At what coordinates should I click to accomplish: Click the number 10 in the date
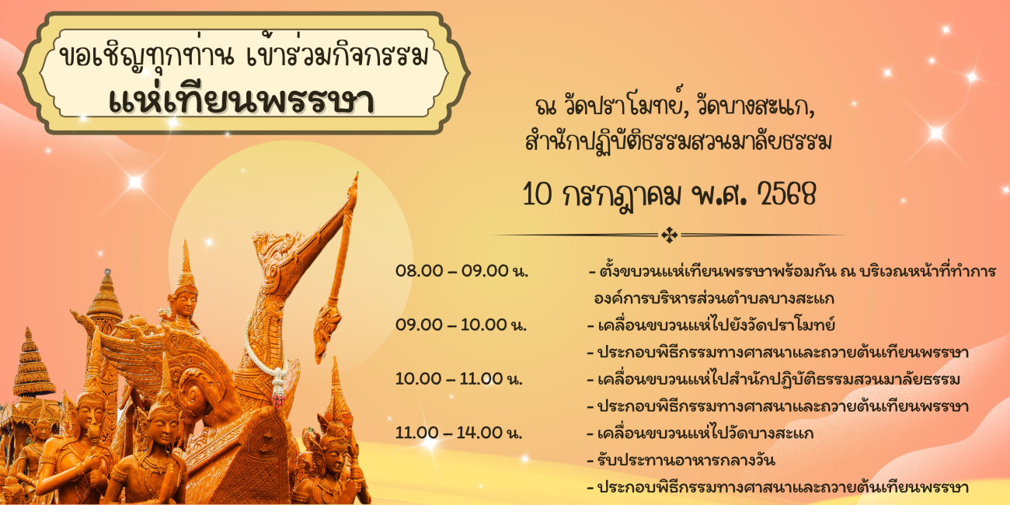538,195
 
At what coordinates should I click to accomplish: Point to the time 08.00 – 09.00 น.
461,271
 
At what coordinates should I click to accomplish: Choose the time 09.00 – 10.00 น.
461,325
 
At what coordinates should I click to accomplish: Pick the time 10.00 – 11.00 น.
459,379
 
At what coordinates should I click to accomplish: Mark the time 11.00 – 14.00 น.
459,433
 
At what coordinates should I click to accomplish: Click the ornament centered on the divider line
669,235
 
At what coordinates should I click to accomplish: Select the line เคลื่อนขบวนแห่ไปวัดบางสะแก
700,434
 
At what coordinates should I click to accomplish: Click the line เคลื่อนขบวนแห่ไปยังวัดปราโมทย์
711,325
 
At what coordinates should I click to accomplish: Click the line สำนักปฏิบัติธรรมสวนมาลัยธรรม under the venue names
678,141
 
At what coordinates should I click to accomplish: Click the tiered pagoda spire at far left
30,365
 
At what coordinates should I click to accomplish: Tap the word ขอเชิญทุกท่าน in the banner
147,57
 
